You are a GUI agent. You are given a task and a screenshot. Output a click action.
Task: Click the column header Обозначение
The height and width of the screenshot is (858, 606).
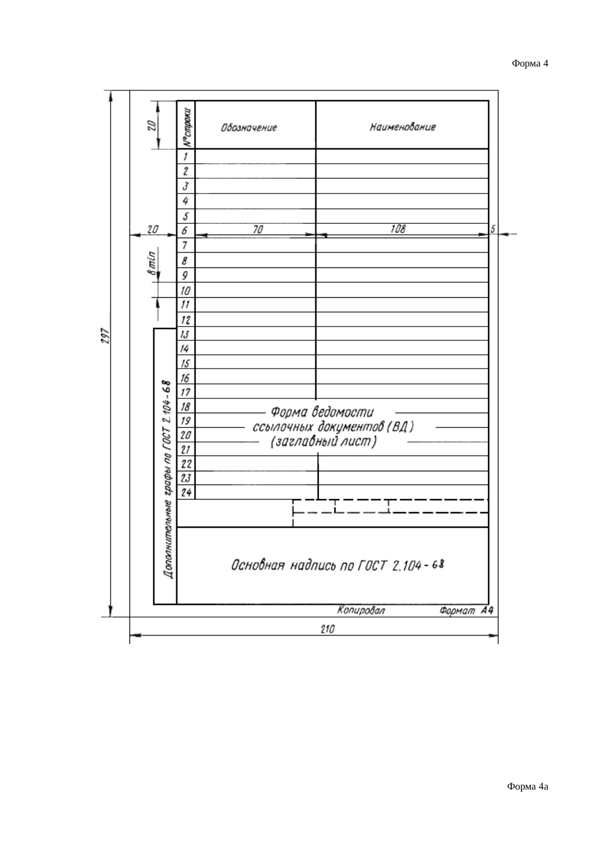point(249,128)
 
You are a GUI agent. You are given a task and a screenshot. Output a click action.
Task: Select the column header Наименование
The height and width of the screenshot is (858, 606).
point(402,128)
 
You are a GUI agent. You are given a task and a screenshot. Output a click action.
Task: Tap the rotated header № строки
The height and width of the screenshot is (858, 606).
point(186,126)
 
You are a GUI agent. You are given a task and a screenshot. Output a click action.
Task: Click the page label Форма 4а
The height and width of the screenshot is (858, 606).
point(528,786)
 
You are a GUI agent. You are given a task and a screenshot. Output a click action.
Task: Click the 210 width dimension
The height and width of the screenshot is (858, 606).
point(327,630)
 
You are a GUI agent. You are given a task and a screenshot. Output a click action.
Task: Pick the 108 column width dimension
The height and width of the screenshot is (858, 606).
point(398,229)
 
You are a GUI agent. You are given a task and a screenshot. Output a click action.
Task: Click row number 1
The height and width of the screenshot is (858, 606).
point(185,157)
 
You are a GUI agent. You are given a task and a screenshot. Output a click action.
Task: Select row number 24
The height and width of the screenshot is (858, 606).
point(186,492)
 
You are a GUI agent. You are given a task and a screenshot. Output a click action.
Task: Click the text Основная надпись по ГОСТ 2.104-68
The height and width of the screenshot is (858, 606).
point(337,566)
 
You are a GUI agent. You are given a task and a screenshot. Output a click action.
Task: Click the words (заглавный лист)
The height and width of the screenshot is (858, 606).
point(323,442)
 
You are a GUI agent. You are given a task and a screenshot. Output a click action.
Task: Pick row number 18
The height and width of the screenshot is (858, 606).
point(186,406)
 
